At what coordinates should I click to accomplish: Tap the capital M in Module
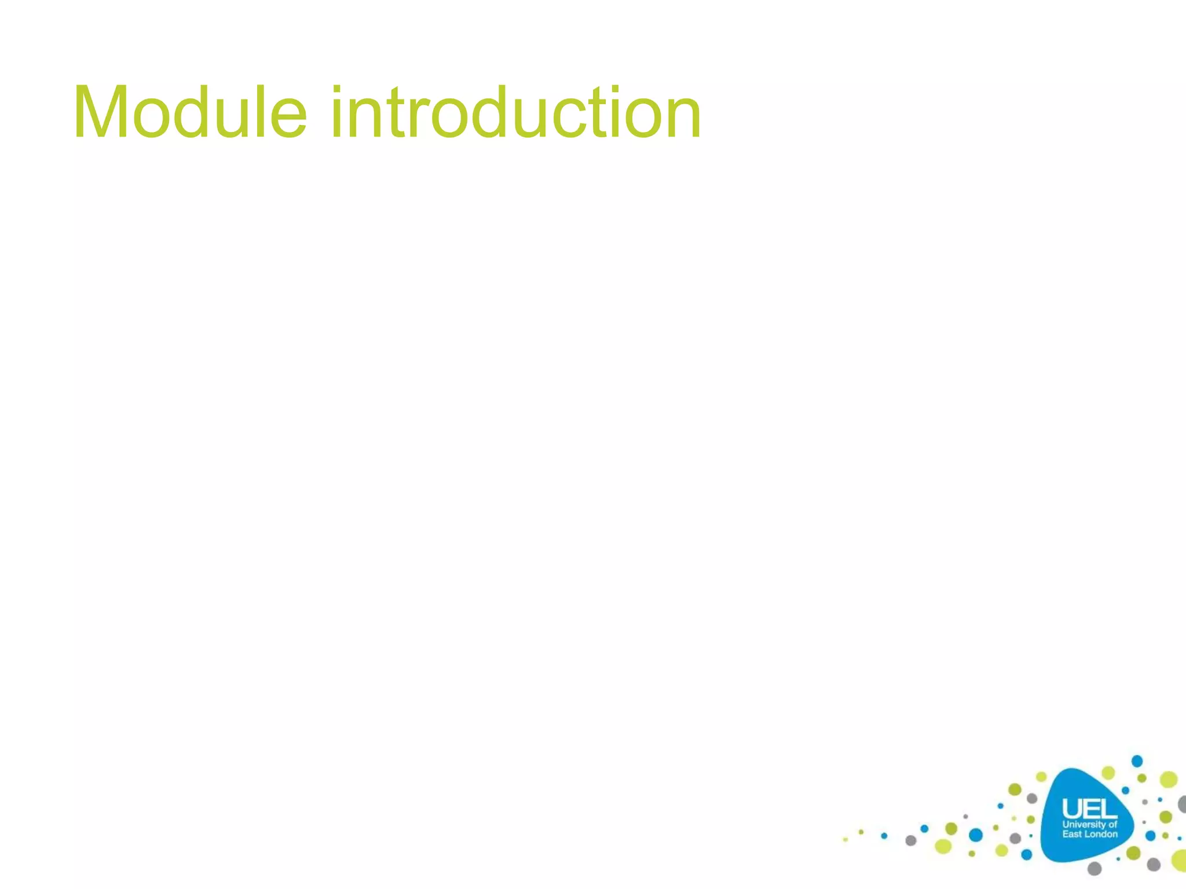102,113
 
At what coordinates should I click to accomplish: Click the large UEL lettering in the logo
1089,809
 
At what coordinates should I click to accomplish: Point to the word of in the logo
1112,824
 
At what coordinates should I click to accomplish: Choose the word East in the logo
1071,834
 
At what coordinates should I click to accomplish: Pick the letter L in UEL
1107,809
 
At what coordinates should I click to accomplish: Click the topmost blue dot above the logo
1137,761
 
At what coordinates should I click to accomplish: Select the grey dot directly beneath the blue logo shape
1095,868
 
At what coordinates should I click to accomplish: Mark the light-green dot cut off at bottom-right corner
1180,861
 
